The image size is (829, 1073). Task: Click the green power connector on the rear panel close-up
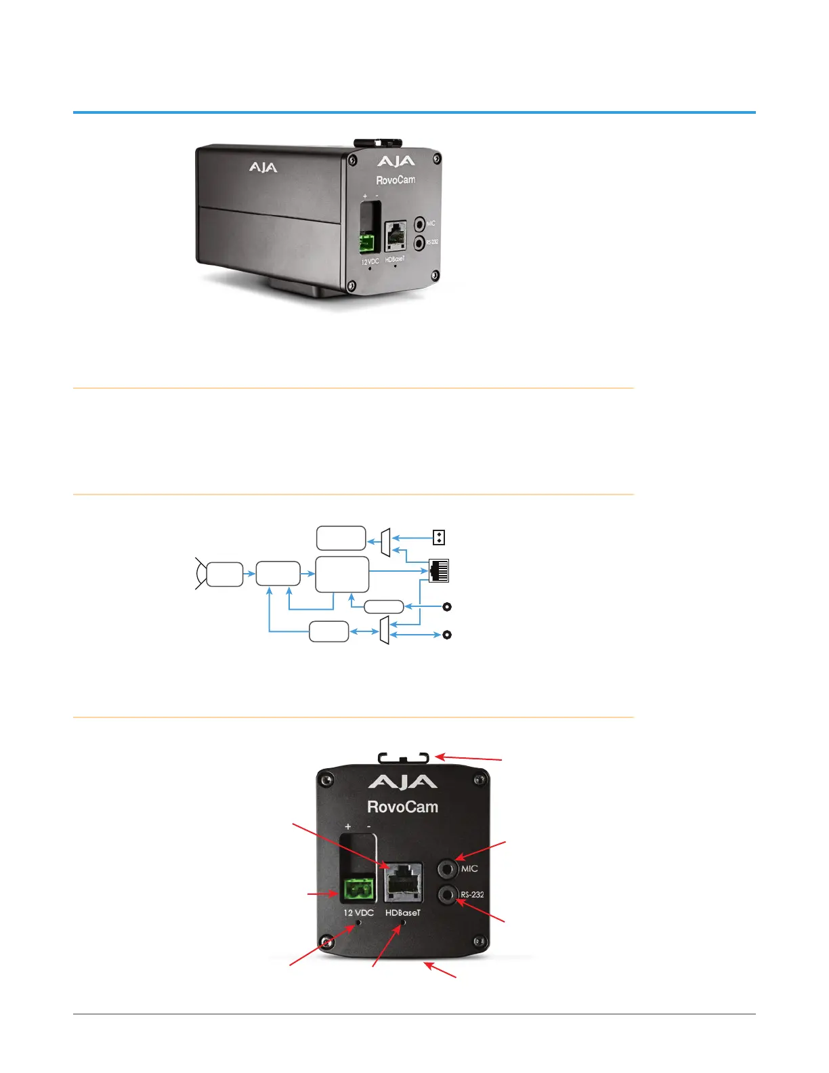pyautogui.click(x=358, y=889)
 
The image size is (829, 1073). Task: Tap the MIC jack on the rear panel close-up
pyautogui.click(x=448, y=868)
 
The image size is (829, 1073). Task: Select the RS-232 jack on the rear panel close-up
pyautogui.click(x=448, y=895)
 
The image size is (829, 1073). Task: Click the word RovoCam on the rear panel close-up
pyautogui.click(x=402, y=807)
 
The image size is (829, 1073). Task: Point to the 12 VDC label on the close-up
pyautogui.click(x=358, y=912)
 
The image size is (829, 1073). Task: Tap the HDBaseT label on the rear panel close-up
pyautogui.click(x=403, y=912)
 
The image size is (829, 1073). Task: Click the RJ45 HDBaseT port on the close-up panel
pyautogui.click(x=404, y=881)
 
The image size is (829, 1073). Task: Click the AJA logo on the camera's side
pyautogui.click(x=263, y=167)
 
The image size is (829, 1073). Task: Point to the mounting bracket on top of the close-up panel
pyautogui.click(x=404, y=757)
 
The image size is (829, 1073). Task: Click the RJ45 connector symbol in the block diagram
pyautogui.click(x=439, y=571)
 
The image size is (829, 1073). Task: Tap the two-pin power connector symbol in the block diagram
pyautogui.click(x=439, y=538)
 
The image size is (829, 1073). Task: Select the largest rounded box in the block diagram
pyautogui.click(x=342, y=574)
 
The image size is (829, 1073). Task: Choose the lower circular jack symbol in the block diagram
pyautogui.click(x=447, y=635)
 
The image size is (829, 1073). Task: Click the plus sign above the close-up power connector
pyautogui.click(x=348, y=826)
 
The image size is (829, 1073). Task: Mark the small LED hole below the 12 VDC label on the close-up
pyautogui.click(x=359, y=923)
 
